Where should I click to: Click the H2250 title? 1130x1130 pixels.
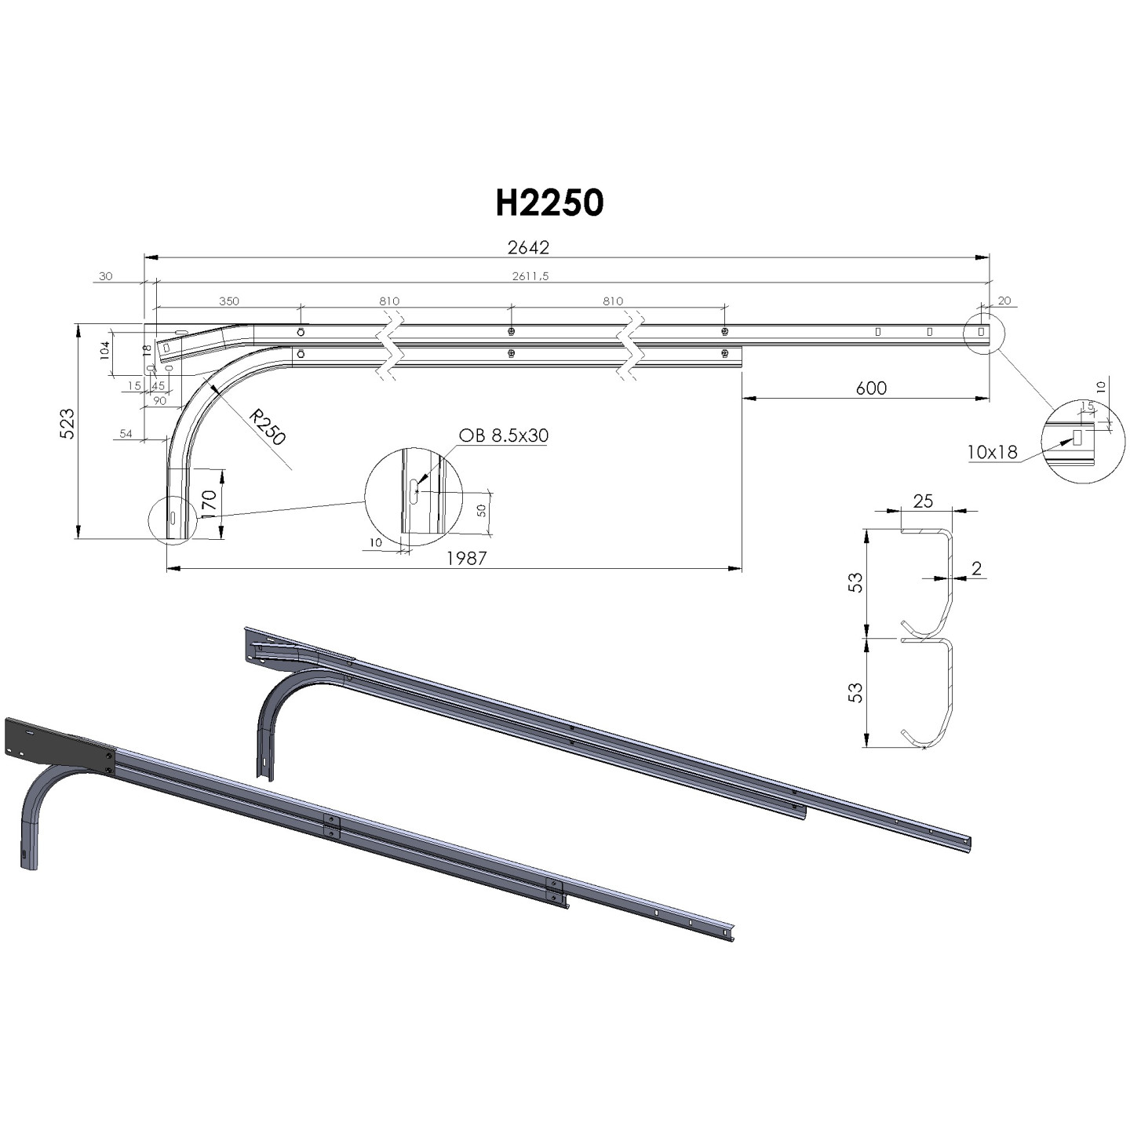point(549,203)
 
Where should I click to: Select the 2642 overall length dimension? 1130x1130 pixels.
point(528,247)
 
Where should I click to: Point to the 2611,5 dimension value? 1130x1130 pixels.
point(530,276)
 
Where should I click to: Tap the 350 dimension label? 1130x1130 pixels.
point(229,301)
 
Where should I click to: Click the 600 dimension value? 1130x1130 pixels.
point(871,388)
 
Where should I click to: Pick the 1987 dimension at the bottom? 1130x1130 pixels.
point(467,558)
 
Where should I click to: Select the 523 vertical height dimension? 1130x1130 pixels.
point(67,424)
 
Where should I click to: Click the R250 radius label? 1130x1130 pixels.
point(267,428)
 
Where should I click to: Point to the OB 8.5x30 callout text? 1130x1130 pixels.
point(503,436)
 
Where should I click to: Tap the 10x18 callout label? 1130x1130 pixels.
point(992,452)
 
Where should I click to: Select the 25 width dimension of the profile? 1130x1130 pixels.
point(923,501)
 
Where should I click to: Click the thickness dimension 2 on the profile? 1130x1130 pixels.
point(976,569)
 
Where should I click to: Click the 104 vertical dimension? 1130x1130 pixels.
point(105,351)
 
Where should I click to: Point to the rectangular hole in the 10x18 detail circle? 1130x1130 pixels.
point(1077,437)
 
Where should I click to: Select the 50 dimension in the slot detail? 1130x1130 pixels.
point(482,510)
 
